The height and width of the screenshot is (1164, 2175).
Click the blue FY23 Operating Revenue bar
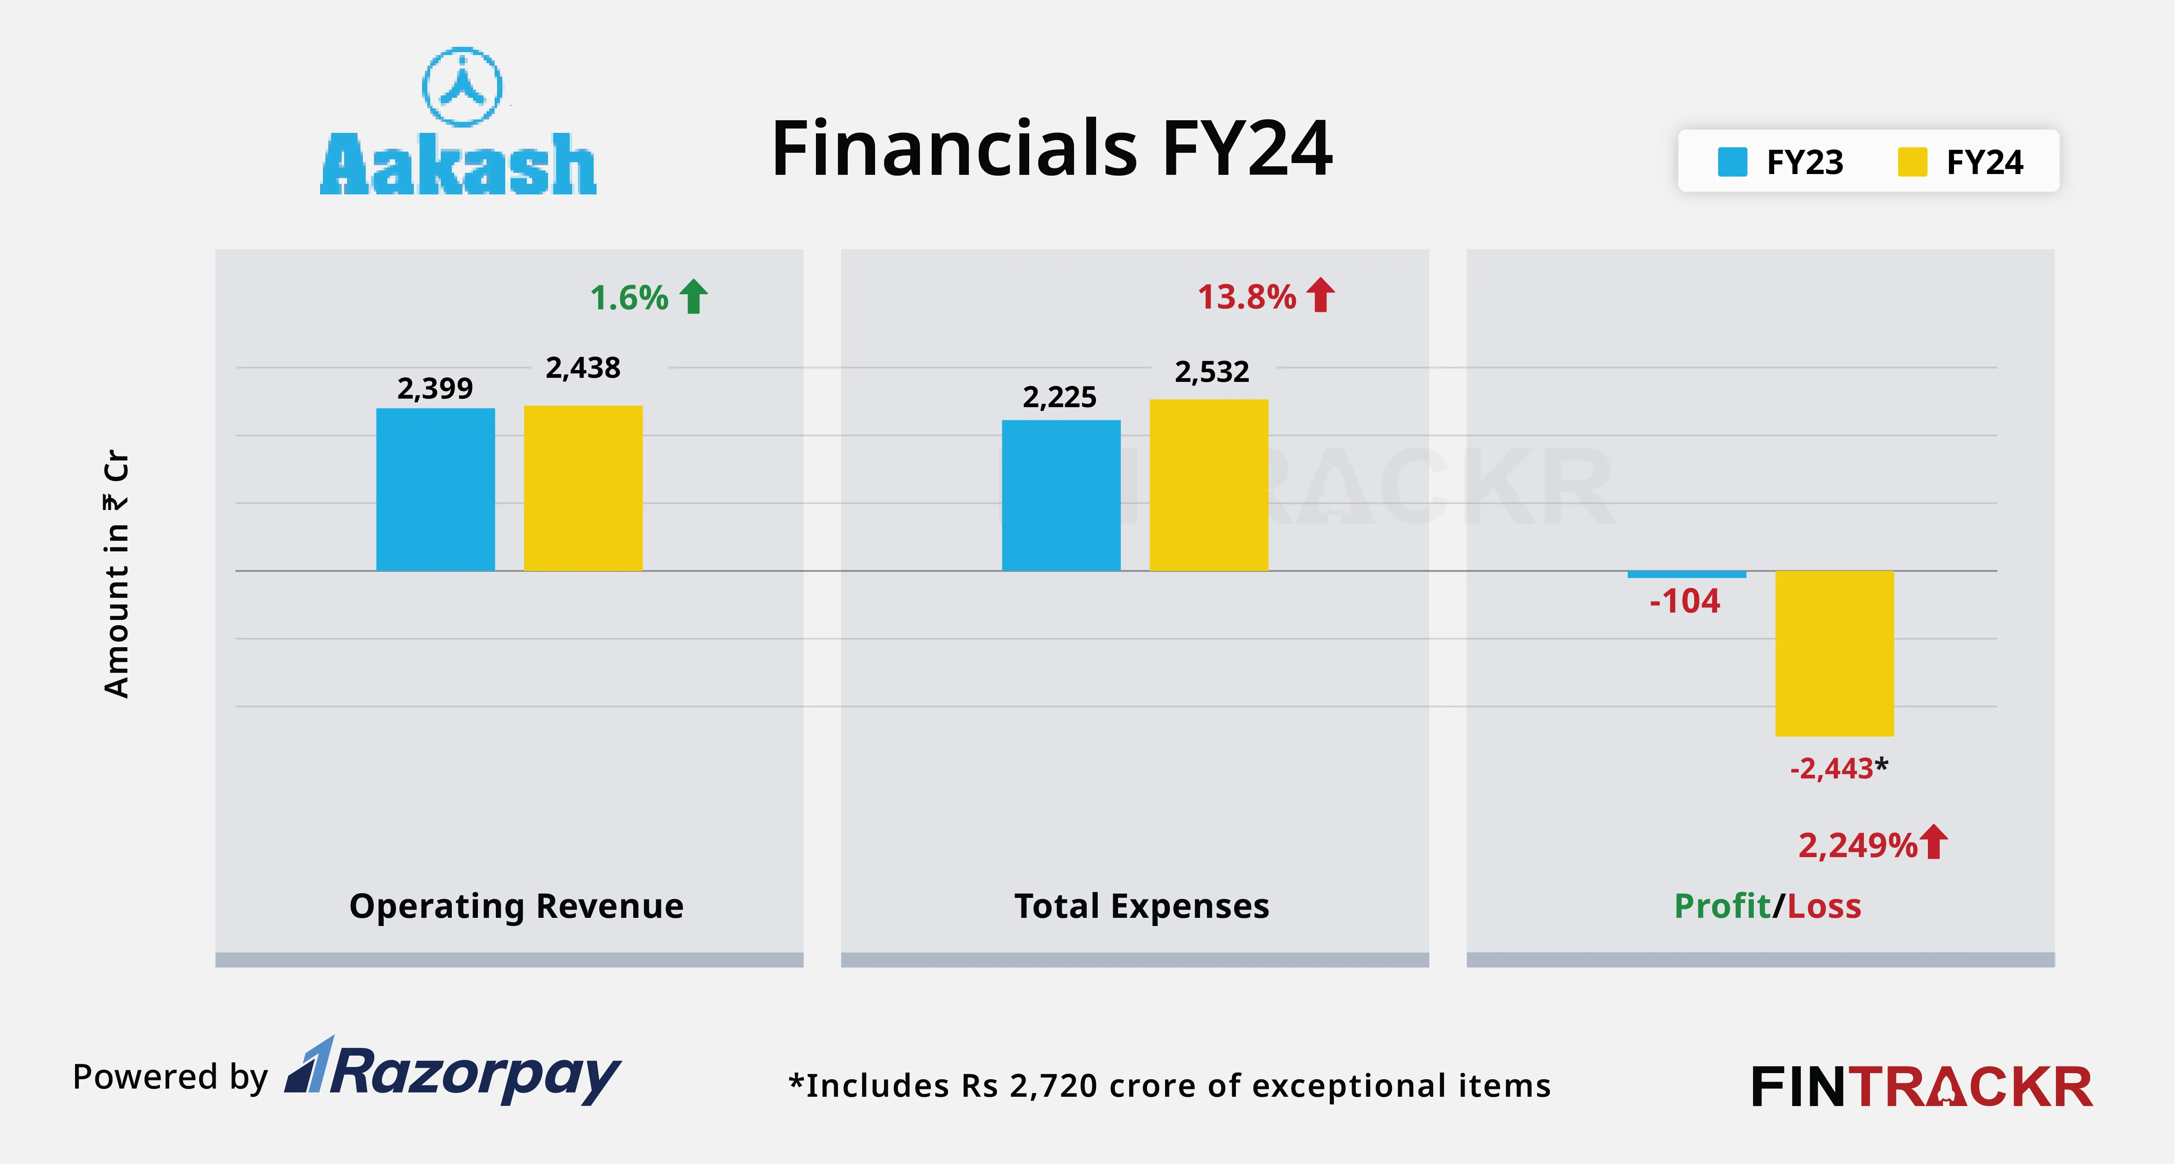click(435, 489)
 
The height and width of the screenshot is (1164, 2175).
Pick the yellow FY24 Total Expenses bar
click(1208, 485)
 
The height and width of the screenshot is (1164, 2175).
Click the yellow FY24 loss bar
click(1834, 653)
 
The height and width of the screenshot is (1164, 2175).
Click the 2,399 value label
click(435, 388)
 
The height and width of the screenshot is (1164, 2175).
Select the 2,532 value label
click(1211, 371)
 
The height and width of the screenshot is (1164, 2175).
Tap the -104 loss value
click(1684, 601)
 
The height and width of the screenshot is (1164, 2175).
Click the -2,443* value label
click(1838, 768)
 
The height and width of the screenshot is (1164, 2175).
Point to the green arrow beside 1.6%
click(694, 296)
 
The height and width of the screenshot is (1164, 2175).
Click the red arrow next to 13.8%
click(1320, 295)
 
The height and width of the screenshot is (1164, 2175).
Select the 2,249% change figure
click(1857, 845)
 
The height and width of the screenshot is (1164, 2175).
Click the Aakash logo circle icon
click(462, 86)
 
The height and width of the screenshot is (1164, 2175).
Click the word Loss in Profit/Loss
click(1824, 906)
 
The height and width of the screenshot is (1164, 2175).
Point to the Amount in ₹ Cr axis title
click(117, 574)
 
